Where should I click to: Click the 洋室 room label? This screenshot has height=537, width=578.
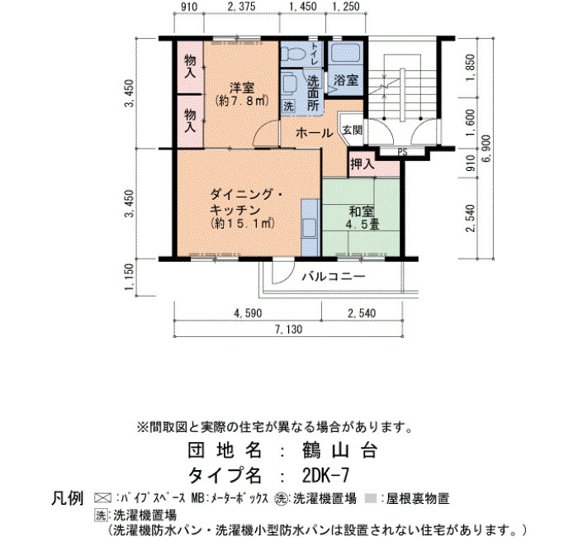tap(242, 88)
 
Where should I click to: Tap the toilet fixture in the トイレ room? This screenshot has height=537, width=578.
tap(292, 55)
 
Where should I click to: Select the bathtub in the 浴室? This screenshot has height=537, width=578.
tap(345, 54)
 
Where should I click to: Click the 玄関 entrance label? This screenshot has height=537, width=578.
tap(353, 130)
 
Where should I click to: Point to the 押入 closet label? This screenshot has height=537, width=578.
tap(362, 164)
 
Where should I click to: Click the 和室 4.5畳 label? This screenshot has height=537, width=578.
tap(362, 218)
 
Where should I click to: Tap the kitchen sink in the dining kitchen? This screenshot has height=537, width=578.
tap(310, 228)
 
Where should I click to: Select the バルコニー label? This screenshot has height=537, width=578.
tap(334, 276)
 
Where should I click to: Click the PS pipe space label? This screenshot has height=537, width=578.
tap(402, 151)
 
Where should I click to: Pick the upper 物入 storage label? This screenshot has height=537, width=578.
tap(190, 66)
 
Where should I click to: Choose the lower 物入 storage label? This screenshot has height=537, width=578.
tap(190, 121)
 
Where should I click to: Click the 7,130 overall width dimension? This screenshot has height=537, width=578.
tap(288, 330)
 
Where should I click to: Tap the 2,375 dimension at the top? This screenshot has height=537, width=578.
tap(241, 7)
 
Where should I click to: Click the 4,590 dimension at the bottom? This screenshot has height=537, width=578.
tap(248, 313)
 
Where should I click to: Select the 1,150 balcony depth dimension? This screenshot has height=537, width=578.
tap(130, 277)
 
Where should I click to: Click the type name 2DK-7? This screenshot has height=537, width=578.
tap(325, 476)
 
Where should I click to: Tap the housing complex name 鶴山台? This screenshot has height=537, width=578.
tap(339, 450)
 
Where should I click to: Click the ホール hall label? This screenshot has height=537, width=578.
tap(314, 133)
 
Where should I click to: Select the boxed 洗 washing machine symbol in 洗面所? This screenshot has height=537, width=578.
tap(288, 107)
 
